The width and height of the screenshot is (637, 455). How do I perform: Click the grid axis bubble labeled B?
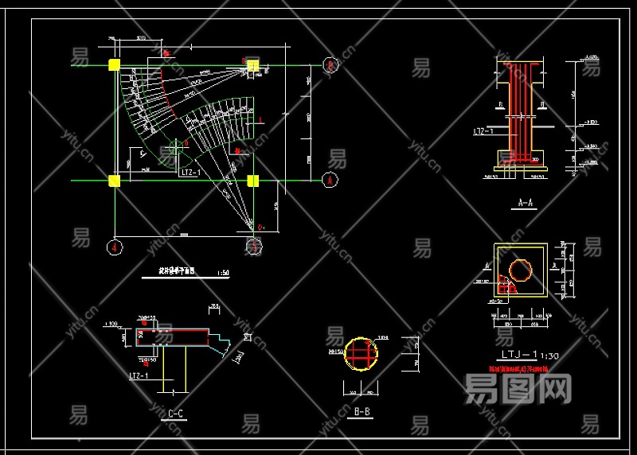(329, 66)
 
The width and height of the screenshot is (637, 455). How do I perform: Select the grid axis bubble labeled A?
(329, 181)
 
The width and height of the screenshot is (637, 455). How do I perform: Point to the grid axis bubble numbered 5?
(254, 247)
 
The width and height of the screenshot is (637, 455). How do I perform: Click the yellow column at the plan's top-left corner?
(115, 65)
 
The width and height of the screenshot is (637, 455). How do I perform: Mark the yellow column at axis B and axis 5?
(254, 66)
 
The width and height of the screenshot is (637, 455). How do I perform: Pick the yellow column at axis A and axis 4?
(115, 181)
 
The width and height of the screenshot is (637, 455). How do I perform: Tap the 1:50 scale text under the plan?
(223, 273)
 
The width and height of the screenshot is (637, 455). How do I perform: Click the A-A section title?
(526, 203)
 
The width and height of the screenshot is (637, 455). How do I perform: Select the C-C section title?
(176, 413)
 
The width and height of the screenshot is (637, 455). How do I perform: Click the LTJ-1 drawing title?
(520, 355)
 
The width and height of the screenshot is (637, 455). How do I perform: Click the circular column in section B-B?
(361, 353)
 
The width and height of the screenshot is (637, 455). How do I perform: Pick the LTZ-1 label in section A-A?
(483, 130)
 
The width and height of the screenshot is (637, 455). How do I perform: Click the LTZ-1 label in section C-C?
(139, 375)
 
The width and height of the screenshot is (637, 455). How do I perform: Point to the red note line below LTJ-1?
(518, 369)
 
